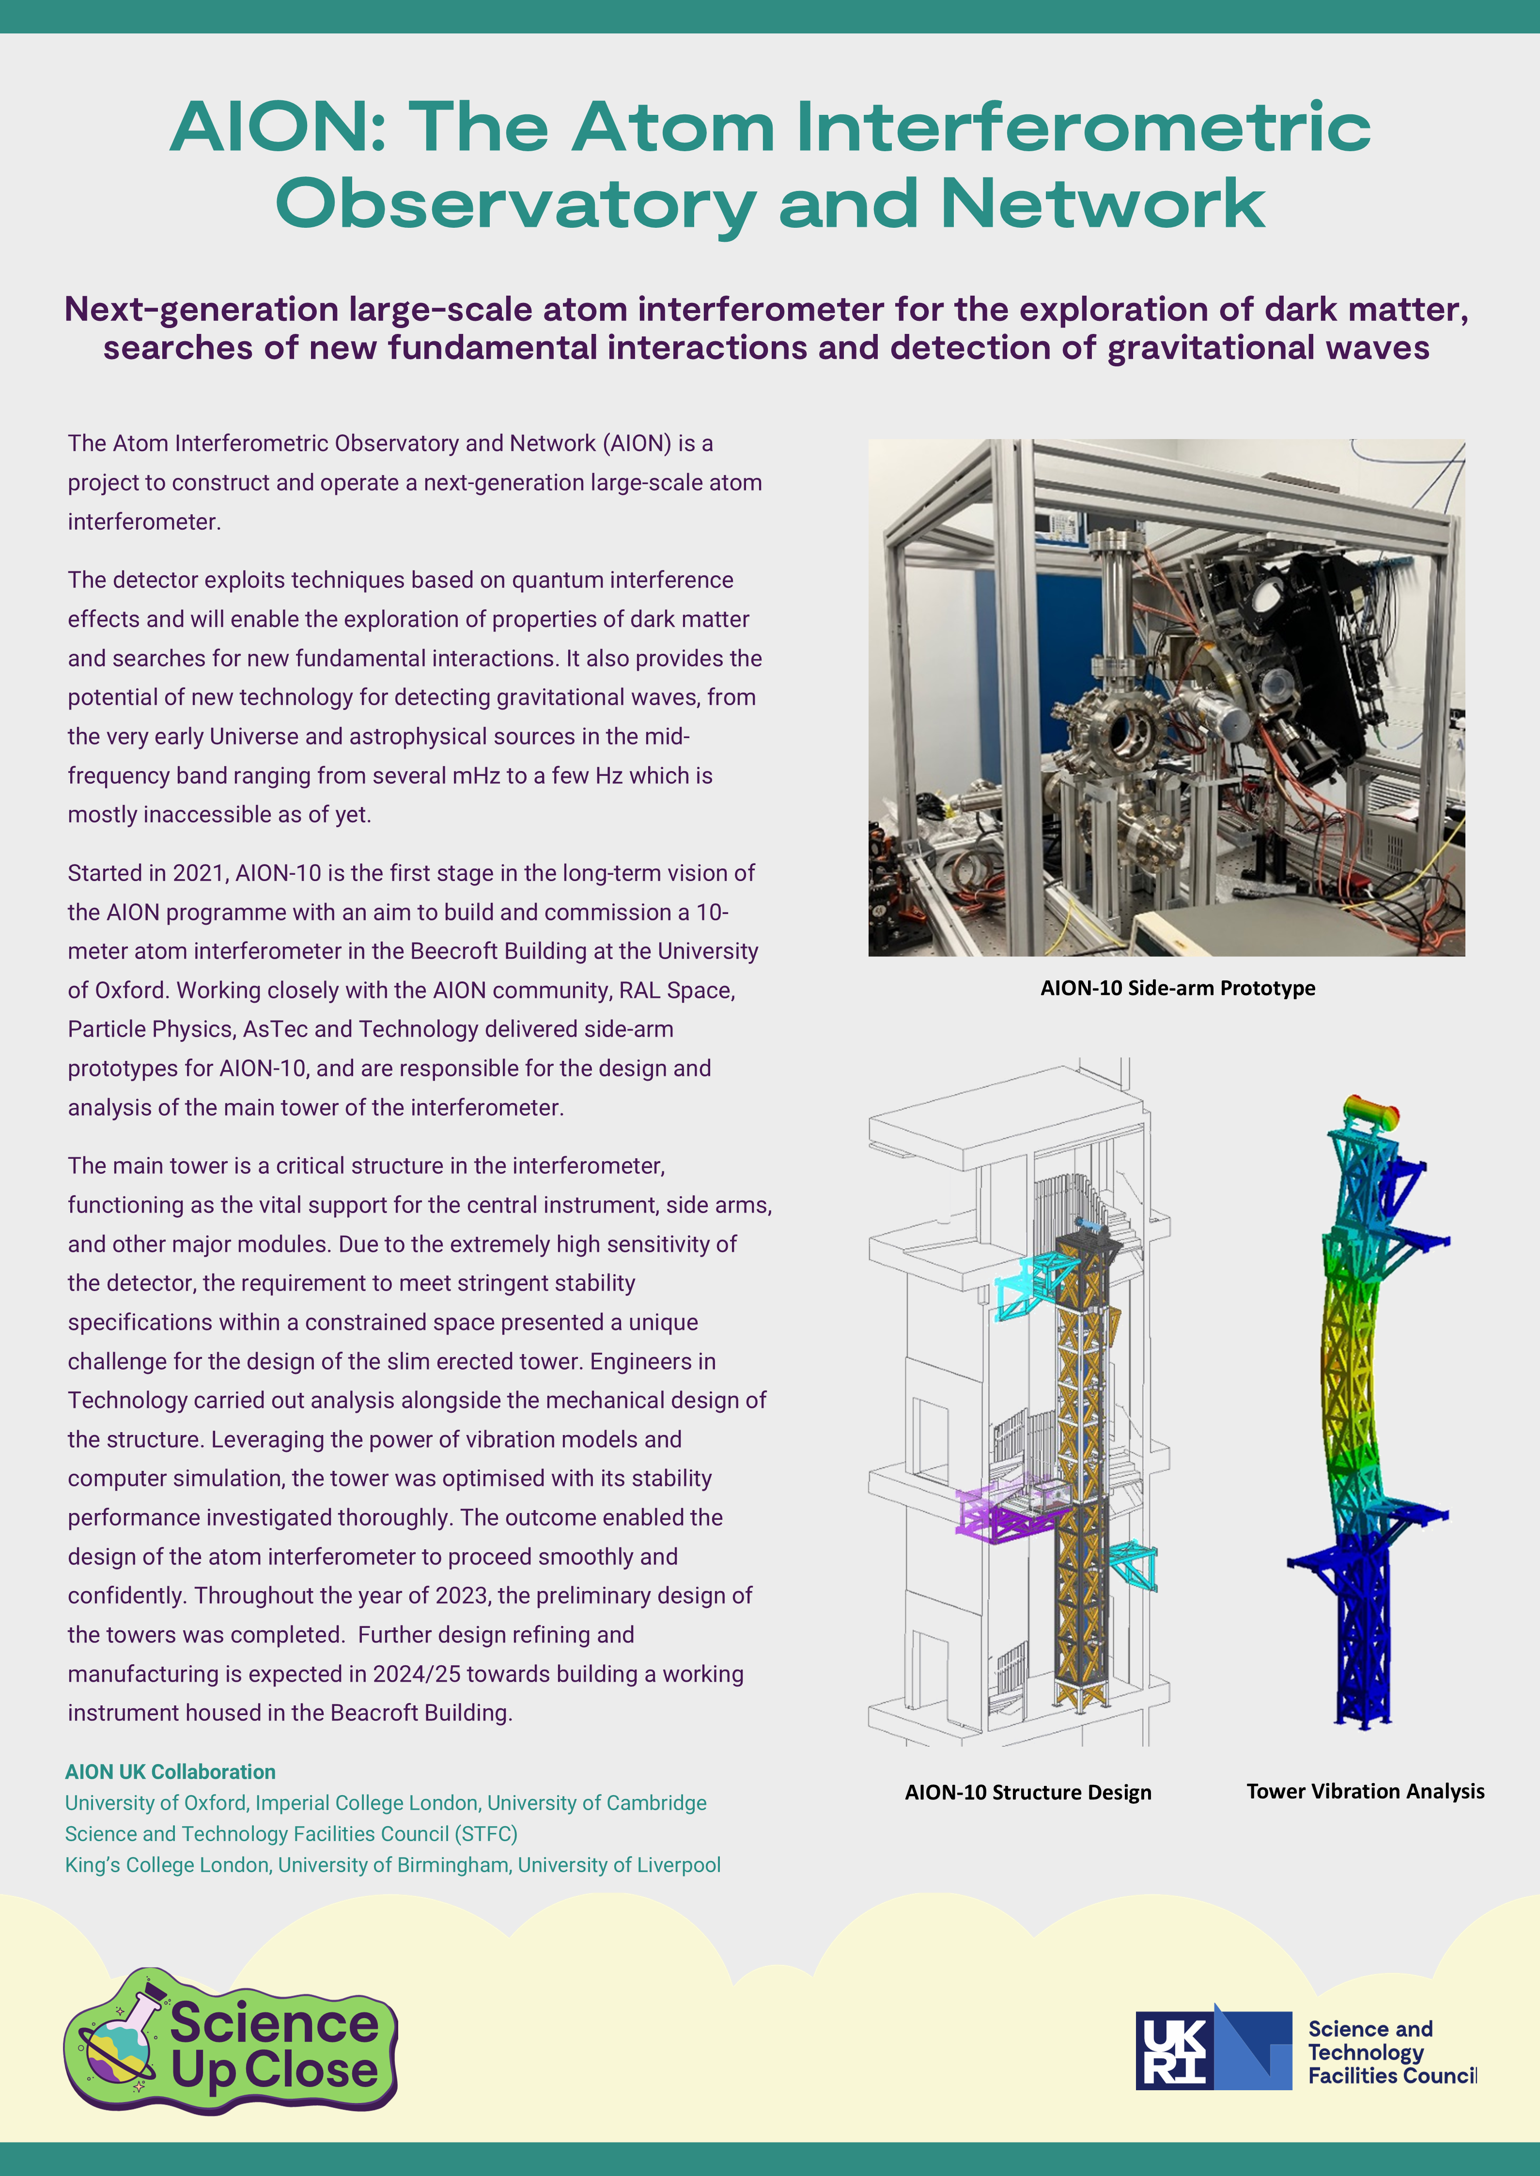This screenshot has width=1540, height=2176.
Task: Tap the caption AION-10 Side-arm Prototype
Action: pyautogui.click(x=1177, y=988)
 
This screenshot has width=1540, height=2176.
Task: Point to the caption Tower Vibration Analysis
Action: pyautogui.click(x=1365, y=1791)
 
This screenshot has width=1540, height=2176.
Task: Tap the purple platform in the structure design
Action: pyautogui.click(x=1005, y=1513)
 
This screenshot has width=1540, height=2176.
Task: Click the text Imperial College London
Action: pyautogui.click(x=366, y=1802)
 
